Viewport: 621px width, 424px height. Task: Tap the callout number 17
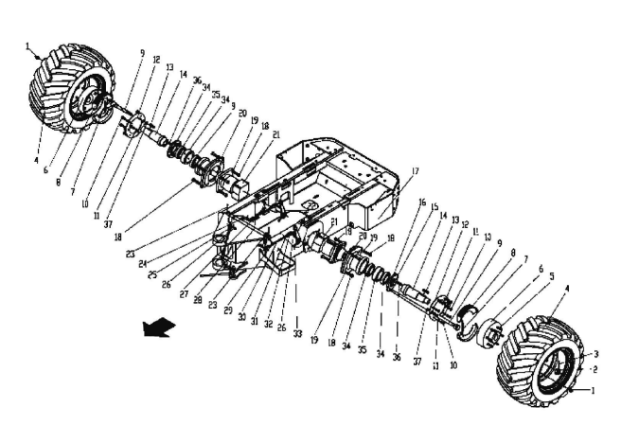click(x=413, y=171)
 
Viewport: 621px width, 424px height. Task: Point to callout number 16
click(x=422, y=203)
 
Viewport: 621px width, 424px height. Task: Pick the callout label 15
click(x=435, y=206)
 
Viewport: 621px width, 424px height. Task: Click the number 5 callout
click(x=552, y=277)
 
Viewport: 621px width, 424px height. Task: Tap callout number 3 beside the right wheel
click(x=595, y=353)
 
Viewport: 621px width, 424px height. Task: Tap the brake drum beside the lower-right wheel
click(x=491, y=330)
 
